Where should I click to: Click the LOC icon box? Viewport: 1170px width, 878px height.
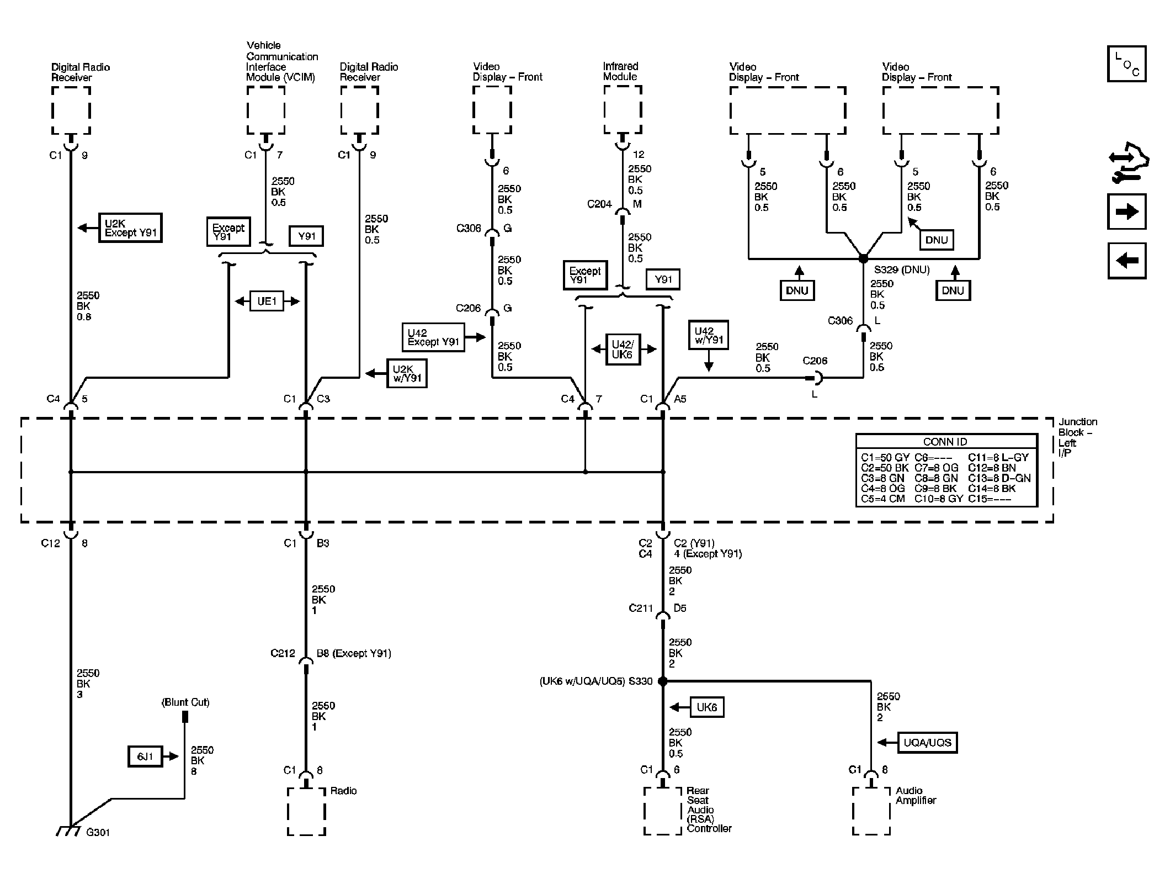point(1126,64)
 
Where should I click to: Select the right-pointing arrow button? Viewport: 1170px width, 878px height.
point(1126,211)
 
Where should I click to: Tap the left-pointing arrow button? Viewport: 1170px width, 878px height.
point(1126,260)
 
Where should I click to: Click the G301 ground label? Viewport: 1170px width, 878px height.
point(98,832)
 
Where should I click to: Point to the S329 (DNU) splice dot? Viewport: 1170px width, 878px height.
point(863,258)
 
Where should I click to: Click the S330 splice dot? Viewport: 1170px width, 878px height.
point(662,681)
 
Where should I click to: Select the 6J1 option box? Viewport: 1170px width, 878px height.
point(145,757)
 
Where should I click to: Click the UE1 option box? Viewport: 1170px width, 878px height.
point(267,301)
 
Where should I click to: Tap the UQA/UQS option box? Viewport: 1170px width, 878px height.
point(927,742)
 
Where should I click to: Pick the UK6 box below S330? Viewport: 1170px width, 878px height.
point(706,707)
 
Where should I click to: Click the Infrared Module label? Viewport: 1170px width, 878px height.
point(620,71)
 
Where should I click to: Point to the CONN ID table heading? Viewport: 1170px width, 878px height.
point(945,442)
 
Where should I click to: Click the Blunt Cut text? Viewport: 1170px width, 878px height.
point(185,702)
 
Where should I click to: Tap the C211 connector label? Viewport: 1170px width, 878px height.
point(640,608)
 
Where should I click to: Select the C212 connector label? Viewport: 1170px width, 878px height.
point(283,653)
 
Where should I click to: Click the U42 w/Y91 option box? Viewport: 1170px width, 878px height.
point(709,335)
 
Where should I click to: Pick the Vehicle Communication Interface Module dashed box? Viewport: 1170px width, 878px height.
point(265,110)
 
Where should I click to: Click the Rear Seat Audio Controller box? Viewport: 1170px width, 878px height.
point(662,811)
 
